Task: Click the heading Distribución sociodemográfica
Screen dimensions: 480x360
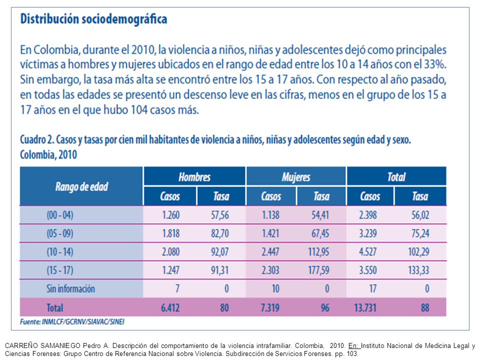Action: [93, 19]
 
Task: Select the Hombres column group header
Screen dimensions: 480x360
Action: [194, 177]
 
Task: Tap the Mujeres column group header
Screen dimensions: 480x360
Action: [296, 177]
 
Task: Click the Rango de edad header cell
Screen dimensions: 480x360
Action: [81, 186]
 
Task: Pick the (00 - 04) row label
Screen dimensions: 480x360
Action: [60, 215]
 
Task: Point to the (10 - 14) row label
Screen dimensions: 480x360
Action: [60, 252]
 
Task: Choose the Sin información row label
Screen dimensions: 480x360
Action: [70, 288]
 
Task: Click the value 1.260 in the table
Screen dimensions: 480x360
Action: [171, 215]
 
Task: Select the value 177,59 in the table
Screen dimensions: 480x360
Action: [318, 270]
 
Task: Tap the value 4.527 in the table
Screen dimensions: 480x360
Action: [368, 252]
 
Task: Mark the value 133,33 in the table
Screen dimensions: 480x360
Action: [418, 270]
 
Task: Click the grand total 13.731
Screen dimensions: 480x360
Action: [365, 307]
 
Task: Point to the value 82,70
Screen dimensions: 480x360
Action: [220, 233]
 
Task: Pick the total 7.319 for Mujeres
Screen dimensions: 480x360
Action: [270, 307]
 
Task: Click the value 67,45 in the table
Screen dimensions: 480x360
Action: [320, 233]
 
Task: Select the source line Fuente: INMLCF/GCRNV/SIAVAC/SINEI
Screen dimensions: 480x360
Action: [72, 321]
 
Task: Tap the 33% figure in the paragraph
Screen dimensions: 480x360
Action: [435, 64]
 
